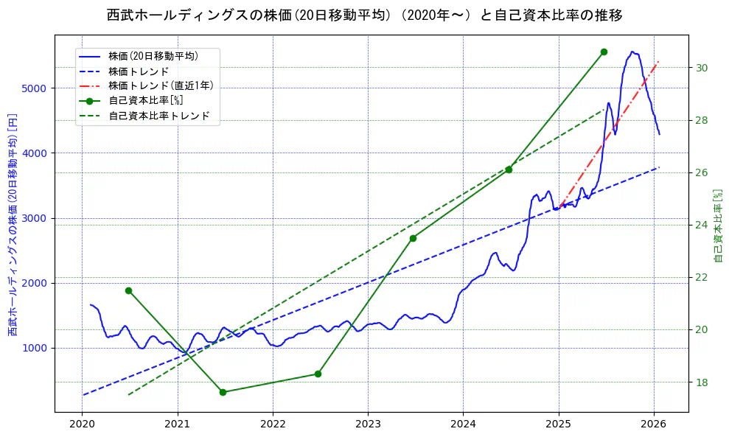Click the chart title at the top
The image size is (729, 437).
364,15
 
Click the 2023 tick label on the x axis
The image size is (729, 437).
368,424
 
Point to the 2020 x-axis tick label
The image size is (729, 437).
82,424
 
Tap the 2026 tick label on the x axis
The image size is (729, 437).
654,424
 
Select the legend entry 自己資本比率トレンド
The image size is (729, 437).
158,116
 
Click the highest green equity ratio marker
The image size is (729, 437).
604,52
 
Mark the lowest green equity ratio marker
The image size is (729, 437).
223,392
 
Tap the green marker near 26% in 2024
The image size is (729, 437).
509,169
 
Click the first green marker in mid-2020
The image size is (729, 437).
128,290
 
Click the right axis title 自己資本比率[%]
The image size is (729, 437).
719,225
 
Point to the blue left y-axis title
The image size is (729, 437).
13,225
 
